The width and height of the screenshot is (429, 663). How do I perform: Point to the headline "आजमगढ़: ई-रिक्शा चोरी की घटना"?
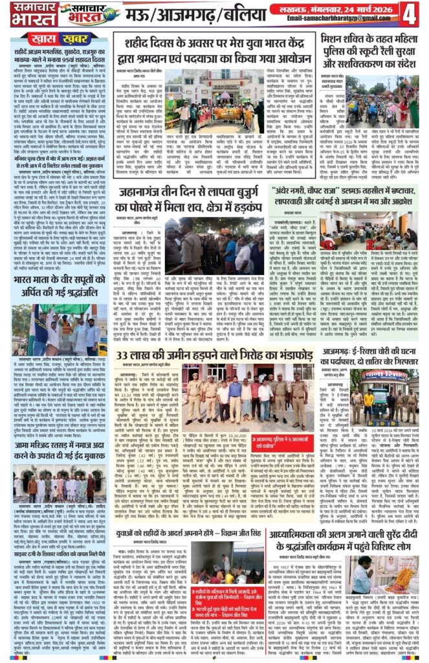[x=357, y=358]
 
